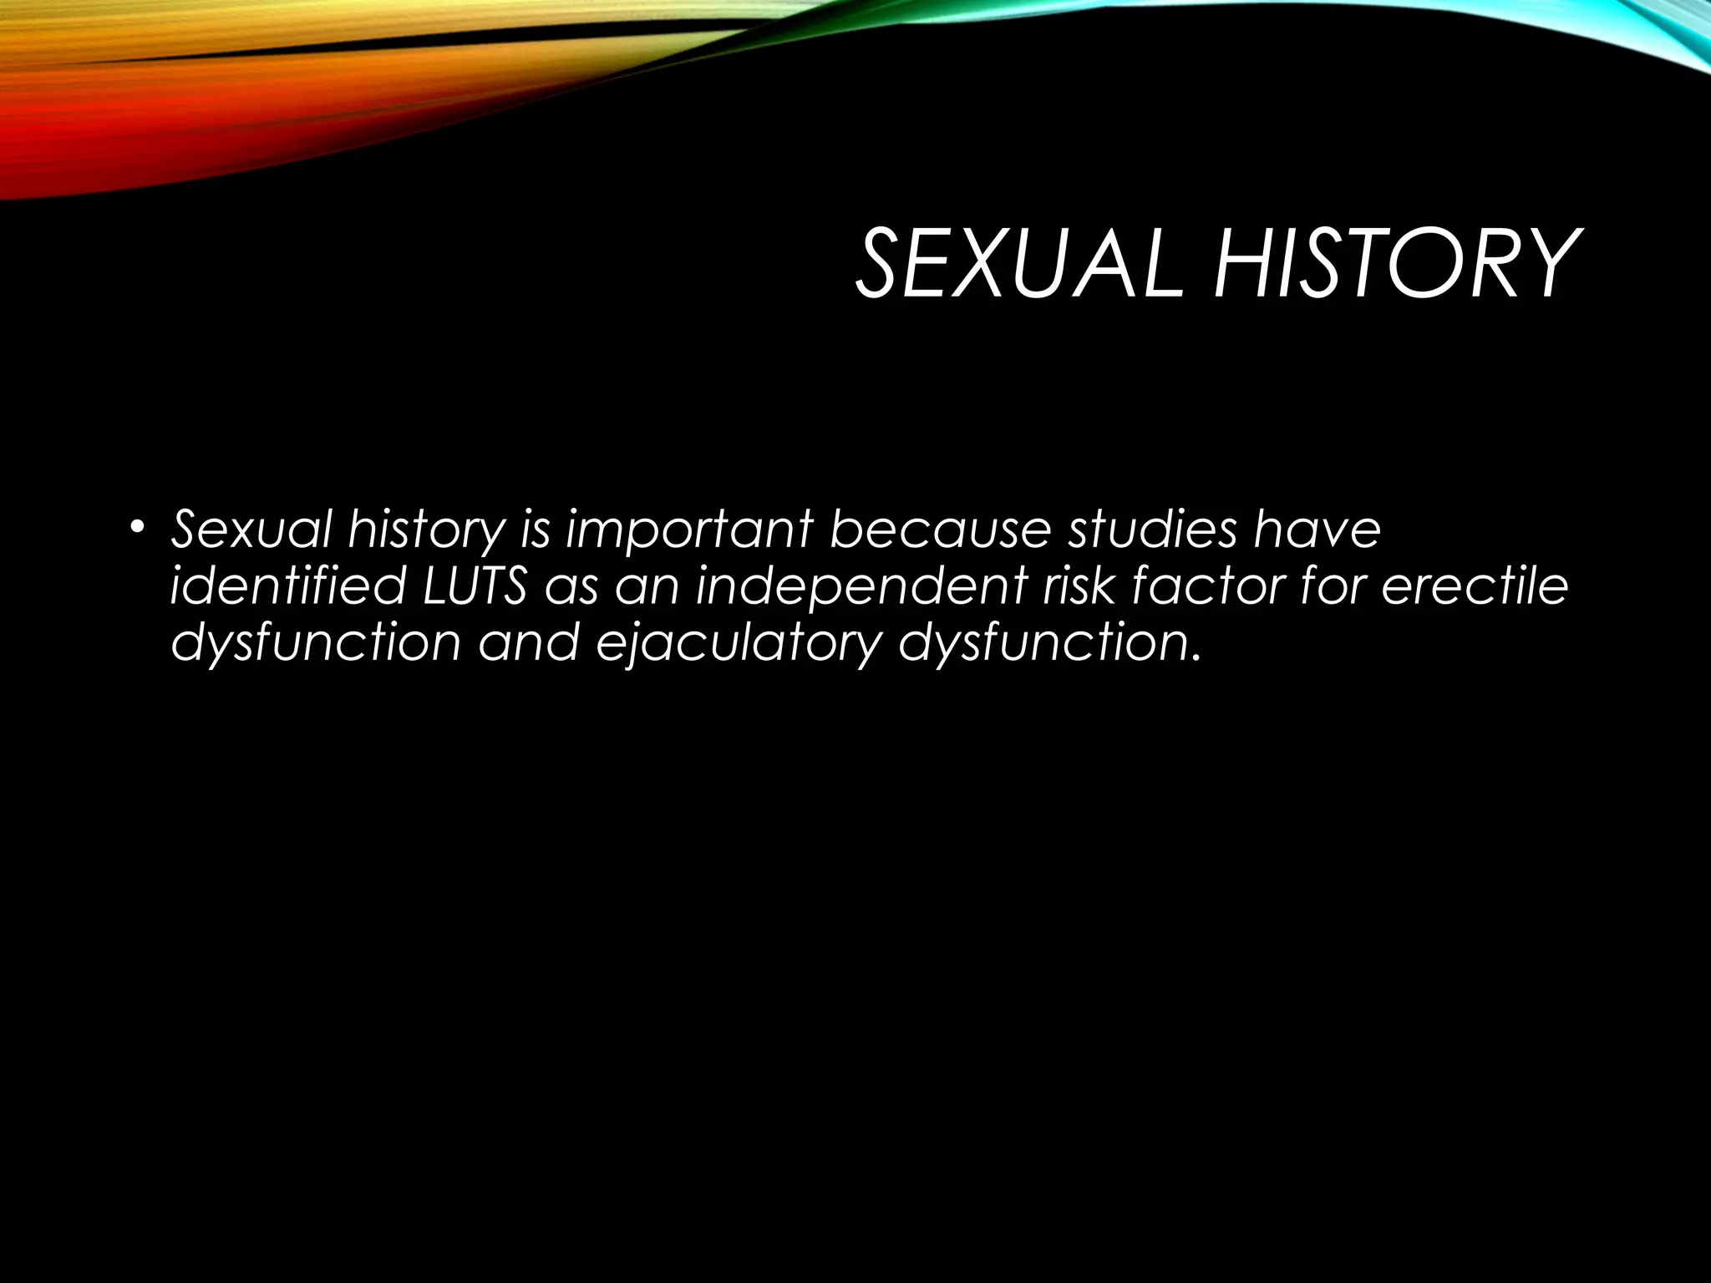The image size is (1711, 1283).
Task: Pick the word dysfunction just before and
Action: coord(315,644)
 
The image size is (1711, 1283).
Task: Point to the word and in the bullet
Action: coord(528,643)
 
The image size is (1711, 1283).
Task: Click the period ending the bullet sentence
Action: coord(1194,657)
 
